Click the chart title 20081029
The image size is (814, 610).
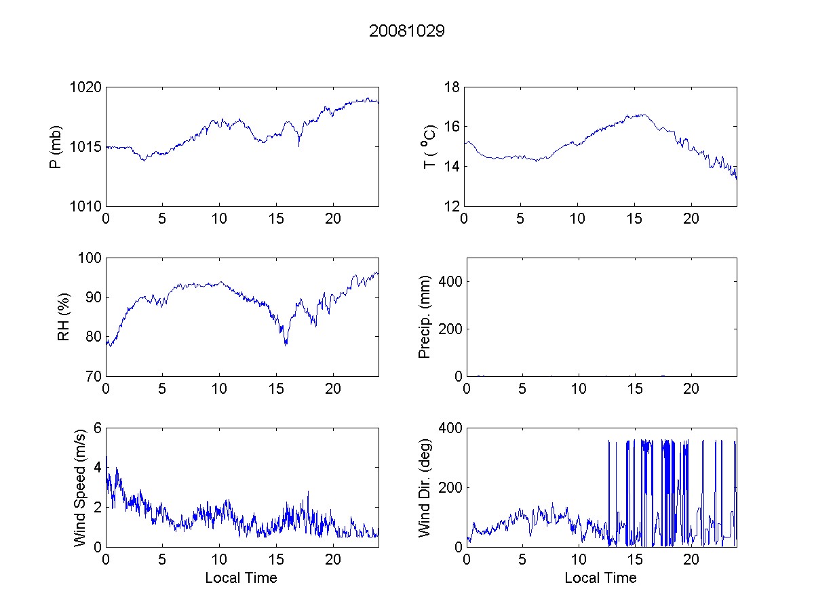point(406,31)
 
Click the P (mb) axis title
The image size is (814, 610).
point(57,146)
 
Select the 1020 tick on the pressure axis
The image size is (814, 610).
point(87,87)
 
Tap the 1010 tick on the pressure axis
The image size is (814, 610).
point(87,206)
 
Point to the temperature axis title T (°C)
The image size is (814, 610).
point(429,146)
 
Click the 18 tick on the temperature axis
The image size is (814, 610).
point(452,87)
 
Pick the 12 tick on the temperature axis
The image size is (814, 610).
point(452,206)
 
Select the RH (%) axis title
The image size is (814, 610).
point(63,317)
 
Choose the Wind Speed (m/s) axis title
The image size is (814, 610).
point(80,487)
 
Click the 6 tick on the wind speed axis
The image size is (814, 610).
point(97,428)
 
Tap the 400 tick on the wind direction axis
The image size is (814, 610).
point(449,428)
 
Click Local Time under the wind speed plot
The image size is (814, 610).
point(241,578)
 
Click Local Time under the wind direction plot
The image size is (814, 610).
point(600,578)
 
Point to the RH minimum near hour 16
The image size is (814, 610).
point(286,344)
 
